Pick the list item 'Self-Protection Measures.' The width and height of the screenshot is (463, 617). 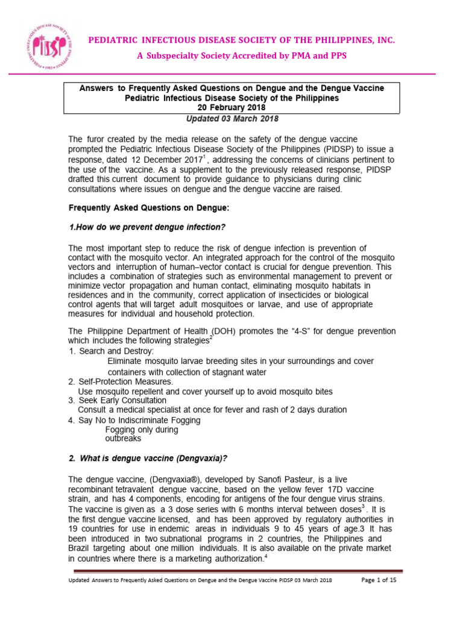[x=125, y=381]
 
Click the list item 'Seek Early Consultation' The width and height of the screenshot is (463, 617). [x=122, y=400]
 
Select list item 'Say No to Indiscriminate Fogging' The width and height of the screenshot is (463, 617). [x=139, y=420]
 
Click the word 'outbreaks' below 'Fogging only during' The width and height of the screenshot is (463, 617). [x=124, y=439]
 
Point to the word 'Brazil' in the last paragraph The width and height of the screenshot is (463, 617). [x=82, y=548]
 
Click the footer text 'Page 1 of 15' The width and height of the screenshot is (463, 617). [x=379, y=580]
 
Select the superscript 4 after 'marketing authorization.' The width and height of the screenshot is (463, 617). [x=265, y=556]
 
